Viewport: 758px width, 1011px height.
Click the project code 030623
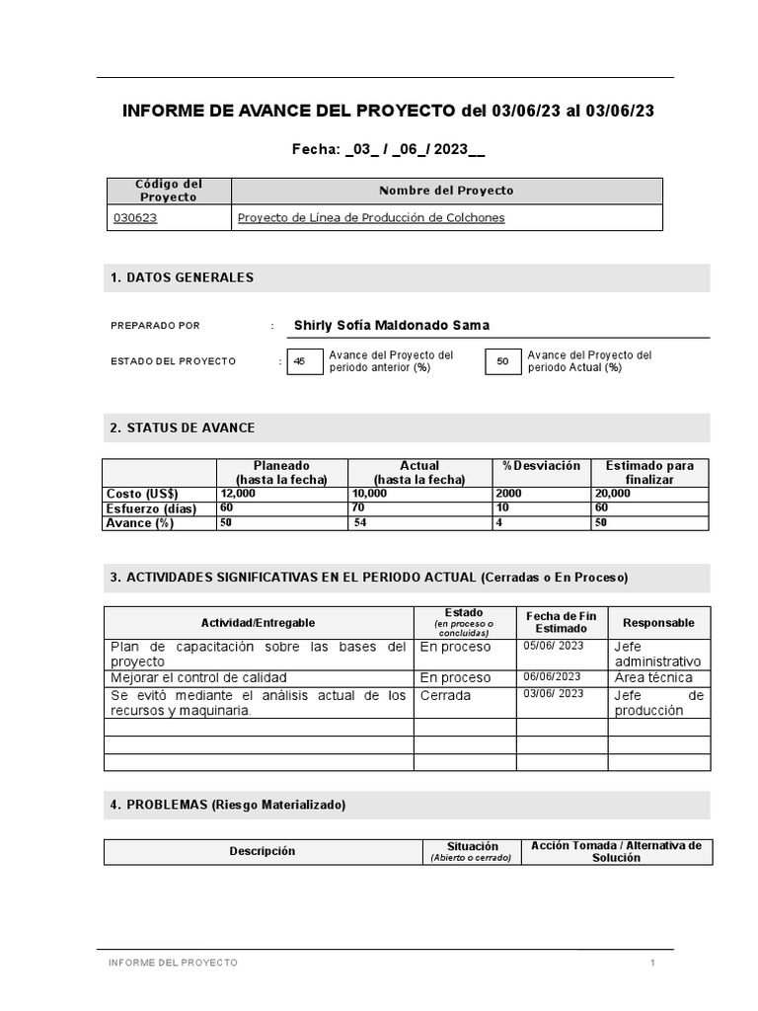[x=135, y=218]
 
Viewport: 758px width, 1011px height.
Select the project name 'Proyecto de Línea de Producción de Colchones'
[x=370, y=218]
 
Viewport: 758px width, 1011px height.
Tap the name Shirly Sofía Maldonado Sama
[x=391, y=326]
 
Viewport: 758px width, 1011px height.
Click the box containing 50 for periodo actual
[x=502, y=362]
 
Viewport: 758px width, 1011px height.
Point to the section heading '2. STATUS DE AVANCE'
[x=183, y=428]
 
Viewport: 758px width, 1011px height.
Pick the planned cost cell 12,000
[x=238, y=494]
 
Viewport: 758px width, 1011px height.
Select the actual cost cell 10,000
[x=369, y=494]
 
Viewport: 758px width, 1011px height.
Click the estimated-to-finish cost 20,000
[x=613, y=494]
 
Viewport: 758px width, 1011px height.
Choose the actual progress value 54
[x=360, y=523]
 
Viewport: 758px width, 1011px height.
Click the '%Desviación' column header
[x=541, y=466]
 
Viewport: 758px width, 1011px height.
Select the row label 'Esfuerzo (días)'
[x=151, y=508]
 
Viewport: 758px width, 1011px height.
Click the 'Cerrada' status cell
[x=445, y=695]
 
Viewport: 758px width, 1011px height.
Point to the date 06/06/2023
[x=552, y=677]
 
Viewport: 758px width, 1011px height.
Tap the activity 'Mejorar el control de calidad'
[x=199, y=677]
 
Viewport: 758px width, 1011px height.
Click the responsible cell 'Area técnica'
[x=653, y=677]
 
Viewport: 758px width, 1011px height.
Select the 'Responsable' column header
[x=658, y=623]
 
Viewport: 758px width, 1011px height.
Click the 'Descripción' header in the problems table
[x=262, y=851]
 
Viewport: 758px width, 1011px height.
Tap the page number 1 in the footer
[x=652, y=963]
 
